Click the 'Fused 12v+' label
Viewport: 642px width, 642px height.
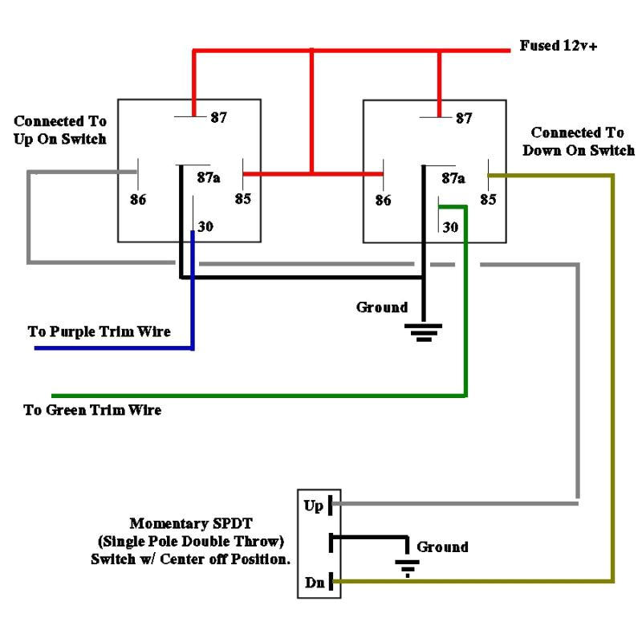point(559,46)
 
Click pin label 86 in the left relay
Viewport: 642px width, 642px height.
point(138,200)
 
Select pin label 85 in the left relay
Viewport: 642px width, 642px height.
point(243,200)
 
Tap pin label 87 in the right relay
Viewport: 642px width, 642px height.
point(464,118)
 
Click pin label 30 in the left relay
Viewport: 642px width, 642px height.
point(205,227)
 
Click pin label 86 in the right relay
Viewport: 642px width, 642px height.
point(384,200)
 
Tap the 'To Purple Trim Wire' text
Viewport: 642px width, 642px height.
point(100,331)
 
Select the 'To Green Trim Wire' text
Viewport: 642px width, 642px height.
point(92,410)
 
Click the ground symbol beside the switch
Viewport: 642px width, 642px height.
point(408,569)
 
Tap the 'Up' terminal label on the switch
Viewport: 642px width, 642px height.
point(313,506)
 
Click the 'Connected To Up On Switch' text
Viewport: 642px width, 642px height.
point(60,129)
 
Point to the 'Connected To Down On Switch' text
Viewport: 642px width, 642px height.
point(578,141)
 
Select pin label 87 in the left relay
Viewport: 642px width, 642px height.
point(218,118)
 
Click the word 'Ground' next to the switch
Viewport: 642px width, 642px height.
point(442,547)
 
